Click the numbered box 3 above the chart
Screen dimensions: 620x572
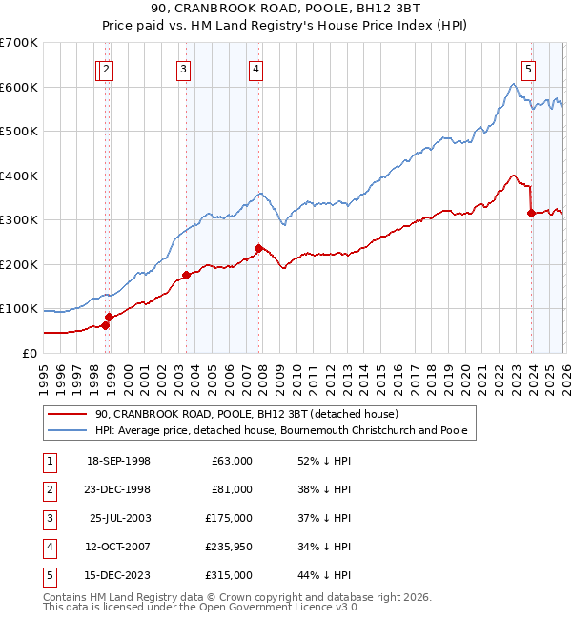click(182, 68)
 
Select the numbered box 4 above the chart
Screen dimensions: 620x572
click(256, 68)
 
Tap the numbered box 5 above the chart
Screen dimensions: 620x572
click(528, 68)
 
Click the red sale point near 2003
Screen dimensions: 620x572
click(187, 276)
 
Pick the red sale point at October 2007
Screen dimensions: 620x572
click(258, 248)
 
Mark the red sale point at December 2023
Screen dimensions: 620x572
click(531, 214)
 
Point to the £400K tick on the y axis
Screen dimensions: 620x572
click(19, 176)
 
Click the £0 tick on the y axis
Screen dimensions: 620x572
click(29, 353)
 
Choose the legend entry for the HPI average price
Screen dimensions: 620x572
click(280, 431)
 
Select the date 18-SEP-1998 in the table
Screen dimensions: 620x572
click(118, 461)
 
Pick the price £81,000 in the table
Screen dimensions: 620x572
click(232, 489)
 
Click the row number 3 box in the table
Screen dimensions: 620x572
click(48, 518)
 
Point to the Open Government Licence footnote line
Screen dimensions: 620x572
click(201, 608)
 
